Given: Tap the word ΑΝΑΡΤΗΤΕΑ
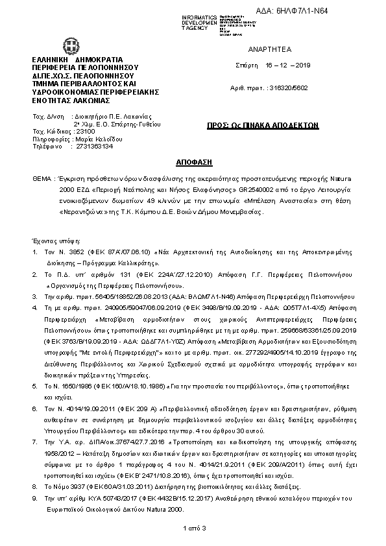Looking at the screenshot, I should pyautogui.click(x=261, y=49).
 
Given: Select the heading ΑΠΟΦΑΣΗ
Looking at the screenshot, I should pyautogui.click(x=193, y=160).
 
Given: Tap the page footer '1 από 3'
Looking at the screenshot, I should pyautogui.click(x=193, y=529).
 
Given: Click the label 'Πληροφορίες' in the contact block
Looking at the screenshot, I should pyautogui.click(x=52, y=139).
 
